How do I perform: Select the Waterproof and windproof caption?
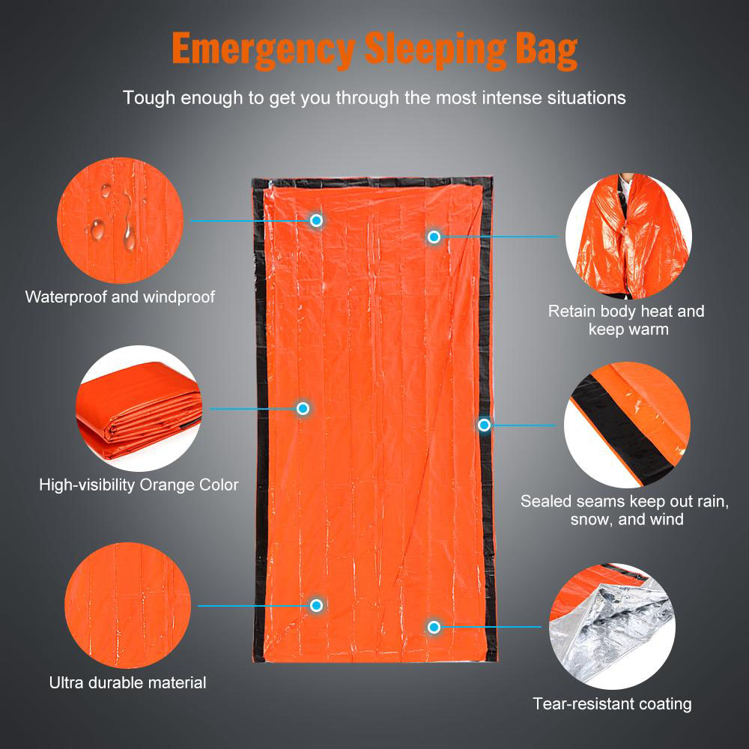click(120, 297)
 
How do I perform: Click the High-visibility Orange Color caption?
click(139, 485)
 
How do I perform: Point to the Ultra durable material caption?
click(127, 682)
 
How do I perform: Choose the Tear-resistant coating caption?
click(612, 703)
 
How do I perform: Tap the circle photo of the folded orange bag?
click(139, 409)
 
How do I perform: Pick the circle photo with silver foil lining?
click(612, 626)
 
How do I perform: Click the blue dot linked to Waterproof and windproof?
click(316, 220)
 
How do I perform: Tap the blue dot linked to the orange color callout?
click(303, 408)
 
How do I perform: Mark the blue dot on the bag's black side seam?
click(484, 425)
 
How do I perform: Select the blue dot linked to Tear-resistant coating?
click(434, 626)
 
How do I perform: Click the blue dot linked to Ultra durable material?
click(316, 605)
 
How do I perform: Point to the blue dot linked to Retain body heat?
click(433, 237)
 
